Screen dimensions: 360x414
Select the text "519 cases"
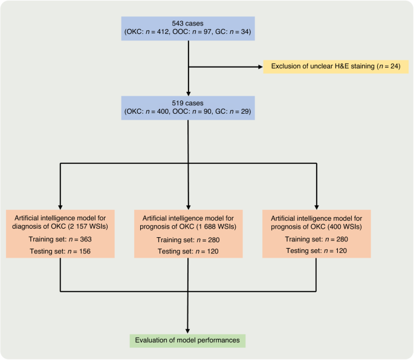click(x=189, y=103)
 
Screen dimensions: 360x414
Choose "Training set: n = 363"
click(x=61, y=239)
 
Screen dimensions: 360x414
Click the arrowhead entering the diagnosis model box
click(x=61, y=206)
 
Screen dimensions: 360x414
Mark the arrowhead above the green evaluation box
click(x=189, y=329)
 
